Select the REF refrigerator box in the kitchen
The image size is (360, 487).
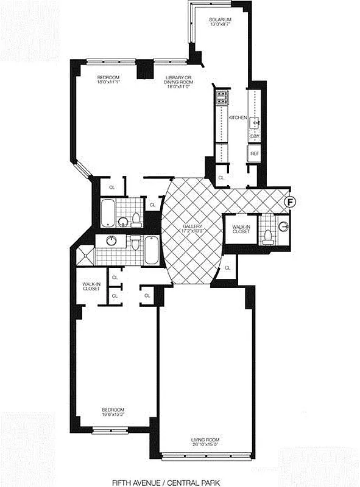coord(255,154)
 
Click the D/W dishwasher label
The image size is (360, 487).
coord(255,136)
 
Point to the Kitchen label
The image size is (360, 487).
coord(238,117)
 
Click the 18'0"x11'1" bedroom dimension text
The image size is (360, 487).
coord(108,83)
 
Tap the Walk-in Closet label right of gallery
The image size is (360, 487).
coord(241,229)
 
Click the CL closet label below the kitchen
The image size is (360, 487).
coord(221,177)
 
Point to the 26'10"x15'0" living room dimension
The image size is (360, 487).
coord(204,444)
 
